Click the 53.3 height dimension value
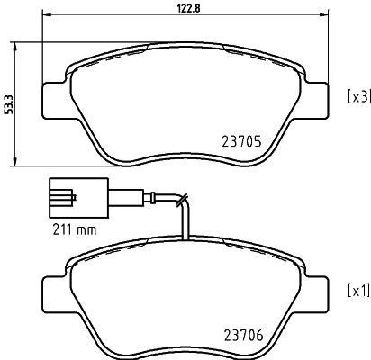click(x=9, y=104)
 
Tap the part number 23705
click(x=241, y=142)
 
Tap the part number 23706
click(x=243, y=335)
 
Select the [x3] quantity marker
click(x=359, y=97)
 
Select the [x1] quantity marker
click(x=358, y=291)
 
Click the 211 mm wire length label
click(x=75, y=229)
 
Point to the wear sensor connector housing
click(x=78, y=198)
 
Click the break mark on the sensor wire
click(x=182, y=200)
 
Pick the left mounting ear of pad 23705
click(x=54, y=100)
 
